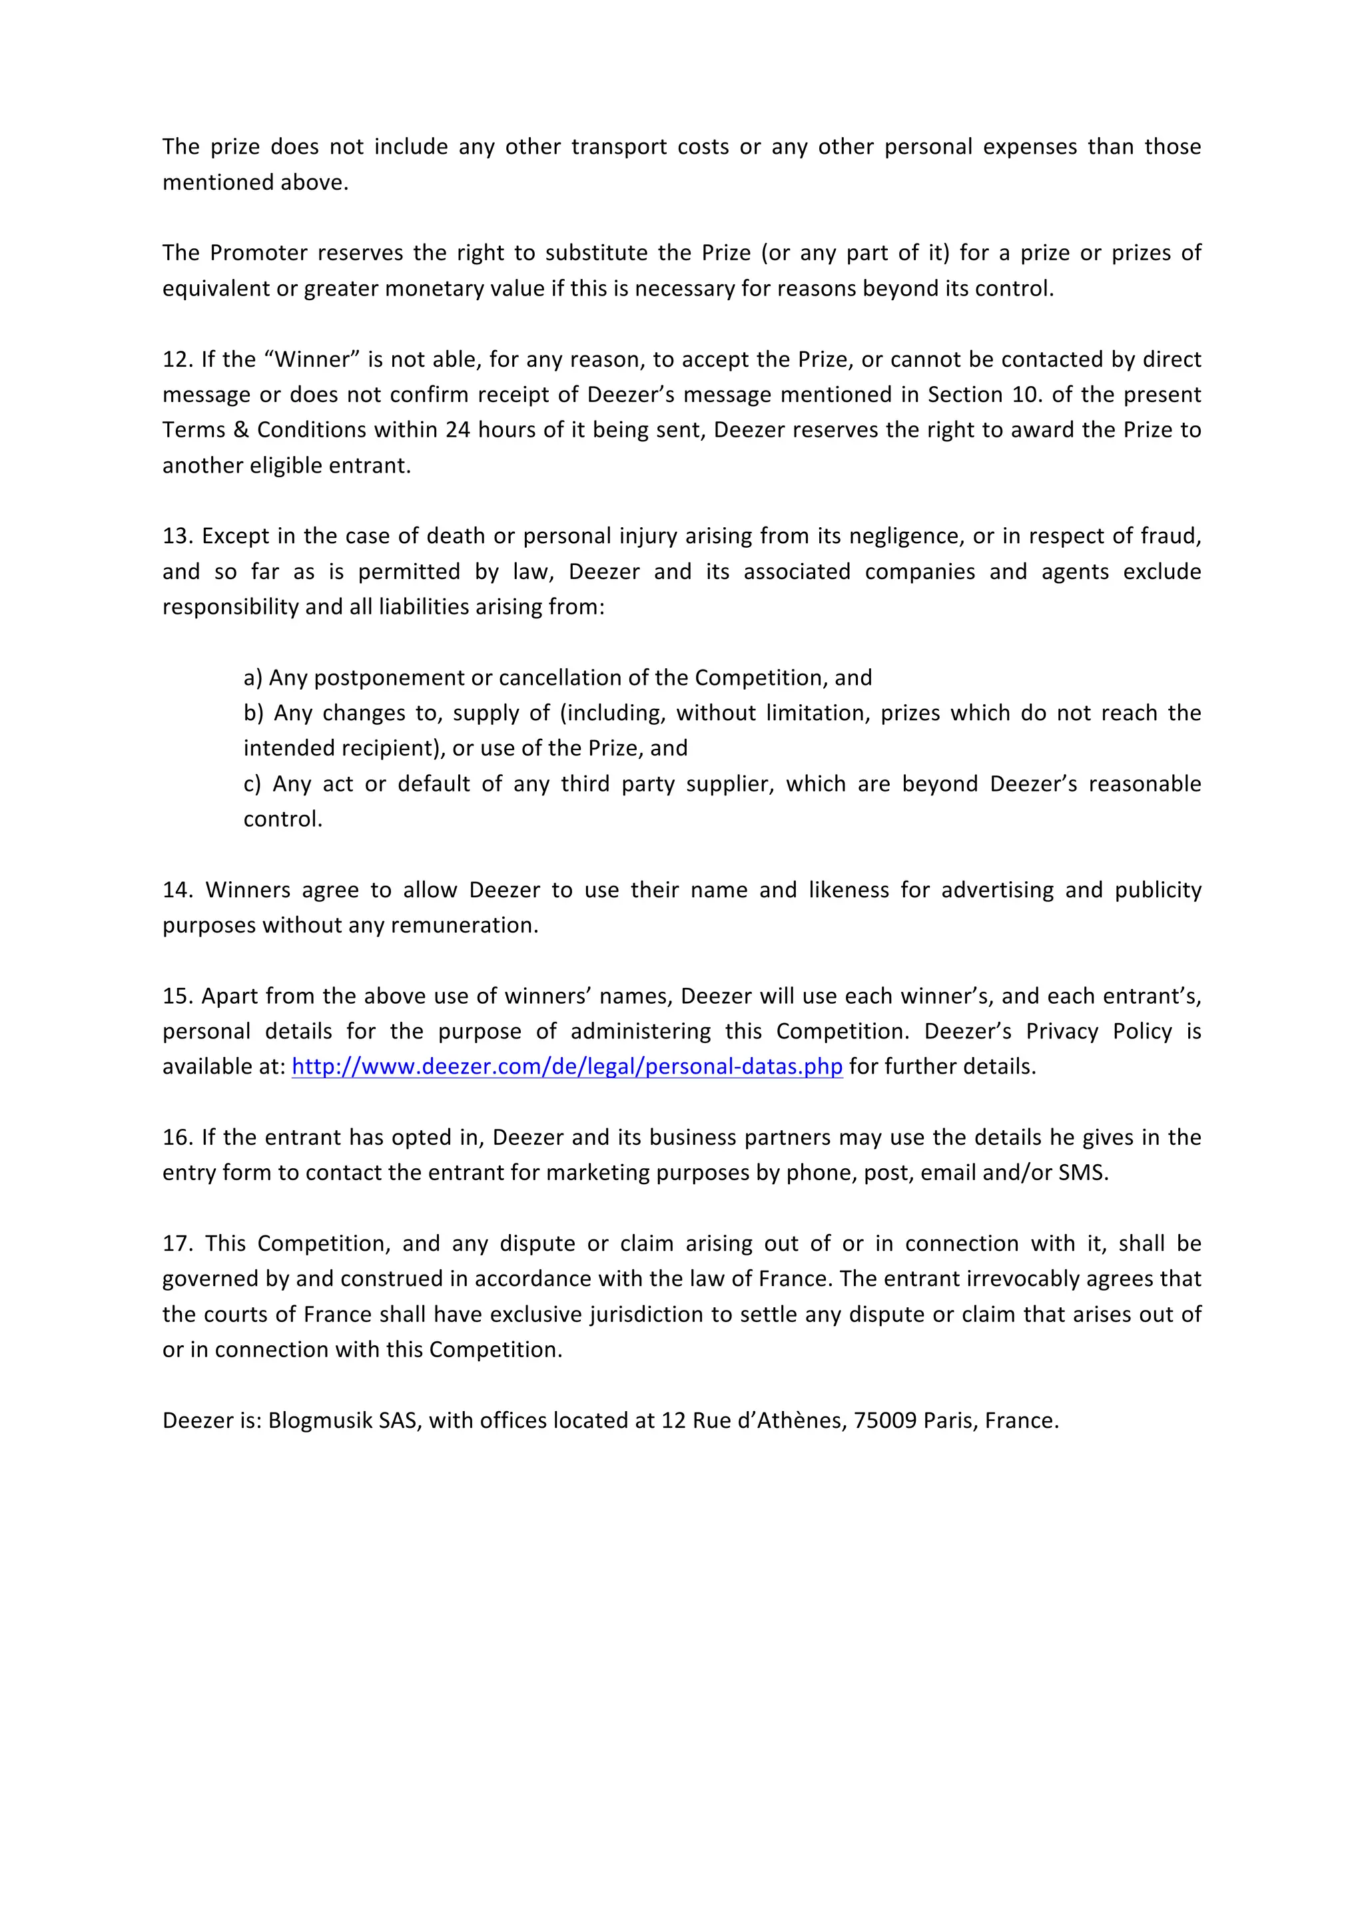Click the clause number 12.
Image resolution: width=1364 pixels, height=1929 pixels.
click(177, 359)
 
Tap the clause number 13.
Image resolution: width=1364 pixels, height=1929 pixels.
click(177, 536)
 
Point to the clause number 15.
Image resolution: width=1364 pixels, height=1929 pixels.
click(177, 996)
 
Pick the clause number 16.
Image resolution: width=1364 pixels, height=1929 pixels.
click(177, 1137)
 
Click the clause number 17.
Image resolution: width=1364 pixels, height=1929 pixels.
click(177, 1243)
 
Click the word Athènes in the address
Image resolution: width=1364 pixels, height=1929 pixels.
click(802, 1420)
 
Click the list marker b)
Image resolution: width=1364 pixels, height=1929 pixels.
click(254, 714)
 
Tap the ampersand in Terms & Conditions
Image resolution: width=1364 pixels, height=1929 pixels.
click(241, 430)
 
